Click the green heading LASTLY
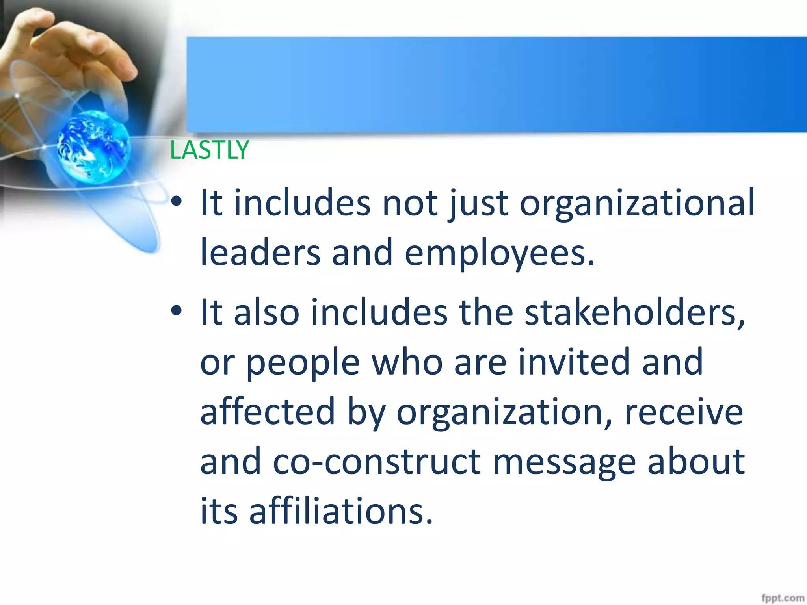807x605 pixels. [x=209, y=150]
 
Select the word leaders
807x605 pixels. [x=260, y=253]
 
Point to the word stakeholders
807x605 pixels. [x=634, y=312]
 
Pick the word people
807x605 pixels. [x=303, y=363]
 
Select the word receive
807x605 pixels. [x=684, y=412]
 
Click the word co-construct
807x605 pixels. [x=377, y=461]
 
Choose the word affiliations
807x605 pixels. [x=341, y=511]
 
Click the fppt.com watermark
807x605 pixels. [x=782, y=598]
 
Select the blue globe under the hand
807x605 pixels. [x=93, y=147]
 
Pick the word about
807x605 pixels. [x=696, y=461]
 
